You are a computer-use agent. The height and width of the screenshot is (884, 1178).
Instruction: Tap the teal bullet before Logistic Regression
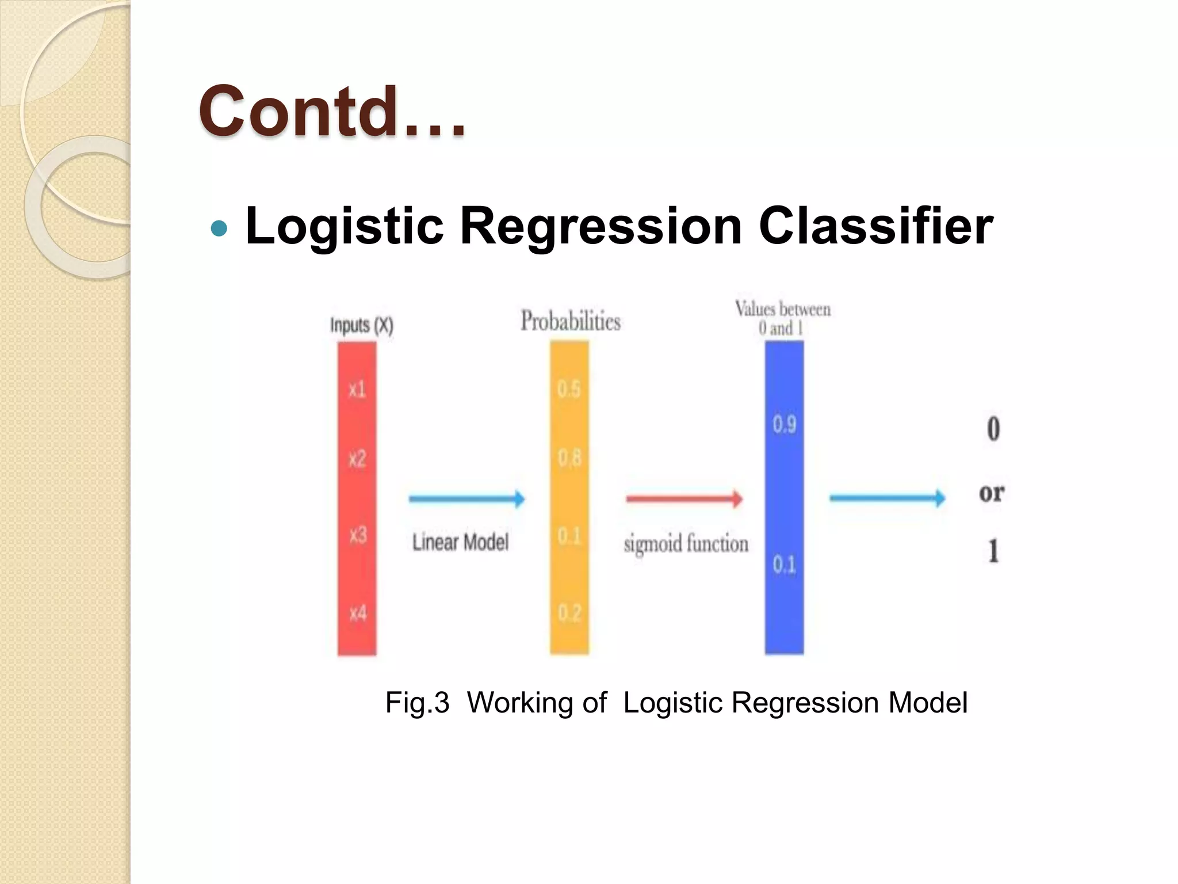[219, 229]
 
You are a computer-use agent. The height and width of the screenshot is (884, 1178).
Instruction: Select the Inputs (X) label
[361, 326]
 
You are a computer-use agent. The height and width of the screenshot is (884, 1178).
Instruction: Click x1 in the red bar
[357, 390]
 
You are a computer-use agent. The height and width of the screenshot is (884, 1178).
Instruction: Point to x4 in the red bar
[357, 613]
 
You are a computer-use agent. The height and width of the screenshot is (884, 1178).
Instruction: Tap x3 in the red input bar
[357, 536]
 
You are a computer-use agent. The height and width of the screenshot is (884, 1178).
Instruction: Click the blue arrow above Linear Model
[466, 498]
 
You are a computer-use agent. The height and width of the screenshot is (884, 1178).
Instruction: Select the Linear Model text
[460, 542]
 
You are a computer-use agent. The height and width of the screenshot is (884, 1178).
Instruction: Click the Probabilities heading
[570, 321]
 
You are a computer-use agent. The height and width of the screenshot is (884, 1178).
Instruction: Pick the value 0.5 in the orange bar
[569, 390]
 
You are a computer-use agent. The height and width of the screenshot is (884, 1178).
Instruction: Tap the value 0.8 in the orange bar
[569, 459]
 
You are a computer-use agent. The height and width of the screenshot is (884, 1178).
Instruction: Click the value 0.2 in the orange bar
[569, 613]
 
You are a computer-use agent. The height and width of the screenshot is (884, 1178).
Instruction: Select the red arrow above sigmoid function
[684, 498]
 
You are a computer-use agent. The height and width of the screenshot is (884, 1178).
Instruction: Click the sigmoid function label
[686, 544]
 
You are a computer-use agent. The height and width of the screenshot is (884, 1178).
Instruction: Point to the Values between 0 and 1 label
[782, 318]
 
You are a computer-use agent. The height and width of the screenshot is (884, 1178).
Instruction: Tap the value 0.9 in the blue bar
[784, 425]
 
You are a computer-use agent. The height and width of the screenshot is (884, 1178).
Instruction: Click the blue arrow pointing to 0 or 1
[887, 498]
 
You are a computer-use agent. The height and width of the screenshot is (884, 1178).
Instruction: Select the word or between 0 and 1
[992, 493]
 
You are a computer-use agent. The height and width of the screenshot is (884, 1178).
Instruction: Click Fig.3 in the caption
[417, 703]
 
